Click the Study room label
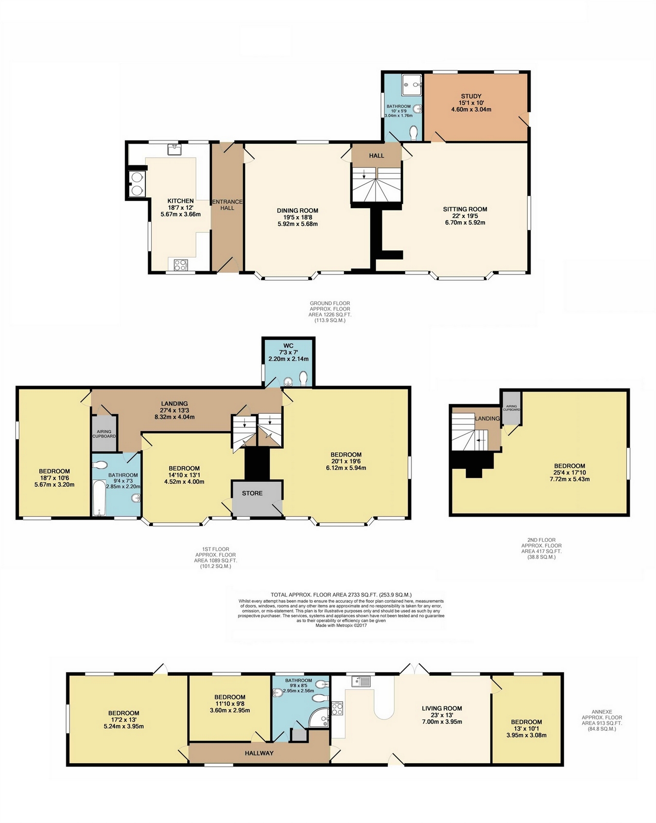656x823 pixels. point(471,96)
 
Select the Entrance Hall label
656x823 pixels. point(227,205)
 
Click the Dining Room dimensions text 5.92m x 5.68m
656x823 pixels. point(297,224)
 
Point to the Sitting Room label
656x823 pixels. point(465,209)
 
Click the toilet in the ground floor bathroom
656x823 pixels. point(414,132)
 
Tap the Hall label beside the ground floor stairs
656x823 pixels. point(377,156)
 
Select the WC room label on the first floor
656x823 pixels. point(288,346)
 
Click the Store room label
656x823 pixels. point(252,493)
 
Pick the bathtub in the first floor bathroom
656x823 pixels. point(99,498)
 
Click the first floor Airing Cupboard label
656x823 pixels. point(104,434)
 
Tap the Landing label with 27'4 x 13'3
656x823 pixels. point(174,403)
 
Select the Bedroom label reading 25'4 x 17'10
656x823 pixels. point(570,466)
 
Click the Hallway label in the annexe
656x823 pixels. point(259,753)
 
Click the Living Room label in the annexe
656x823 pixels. point(442,708)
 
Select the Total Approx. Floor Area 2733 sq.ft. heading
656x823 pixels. point(341,595)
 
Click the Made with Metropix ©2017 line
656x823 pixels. point(341,626)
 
